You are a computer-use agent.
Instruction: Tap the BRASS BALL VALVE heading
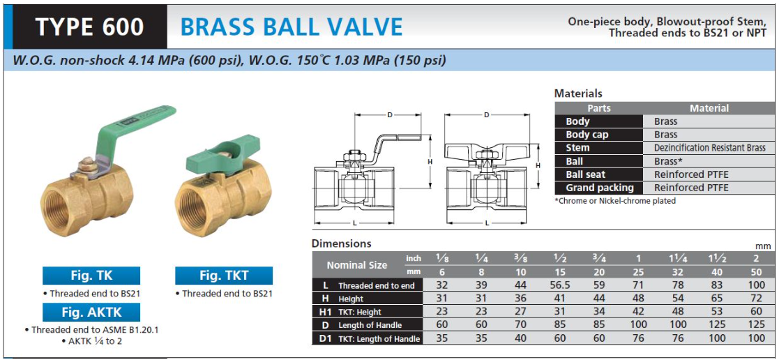pyautogui.click(x=291, y=27)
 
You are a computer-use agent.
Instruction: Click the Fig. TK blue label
pyautogui.click(x=91, y=276)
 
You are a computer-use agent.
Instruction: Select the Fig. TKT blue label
pyautogui.click(x=224, y=276)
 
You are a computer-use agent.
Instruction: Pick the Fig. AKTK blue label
pyautogui.click(x=91, y=313)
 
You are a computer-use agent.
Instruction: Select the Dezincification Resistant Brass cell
pyautogui.click(x=710, y=148)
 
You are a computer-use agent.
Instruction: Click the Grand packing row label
pyautogui.click(x=598, y=188)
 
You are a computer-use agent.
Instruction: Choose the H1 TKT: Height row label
pyautogui.click(x=367, y=312)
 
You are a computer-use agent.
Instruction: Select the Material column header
pyautogui.click(x=709, y=108)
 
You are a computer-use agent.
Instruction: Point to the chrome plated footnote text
pyautogui.click(x=615, y=201)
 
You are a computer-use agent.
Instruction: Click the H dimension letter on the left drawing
pyautogui.click(x=430, y=162)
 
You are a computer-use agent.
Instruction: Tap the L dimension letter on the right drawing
pyautogui.click(x=486, y=223)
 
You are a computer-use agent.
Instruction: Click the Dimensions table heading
pyautogui.click(x=341, y=243)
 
